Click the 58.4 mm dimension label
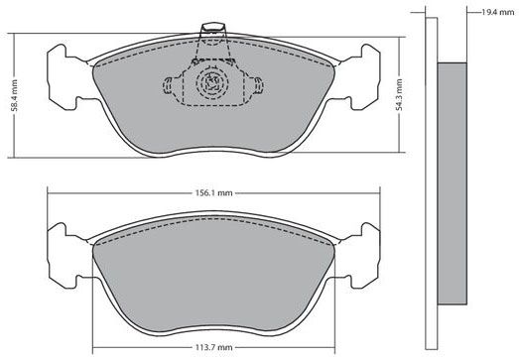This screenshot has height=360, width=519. coord(14,95)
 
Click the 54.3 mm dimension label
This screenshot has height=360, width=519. coord(399,94)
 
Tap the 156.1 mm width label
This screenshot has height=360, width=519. coord(213,193)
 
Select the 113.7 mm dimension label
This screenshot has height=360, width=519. coord(213,348)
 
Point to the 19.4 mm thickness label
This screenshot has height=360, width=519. coord(498,13)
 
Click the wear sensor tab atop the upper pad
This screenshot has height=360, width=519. coord(213,29)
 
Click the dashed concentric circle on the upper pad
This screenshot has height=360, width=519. coord(212,82)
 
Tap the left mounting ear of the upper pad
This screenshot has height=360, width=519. coord(67,77)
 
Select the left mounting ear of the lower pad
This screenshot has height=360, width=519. coord(67,256)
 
